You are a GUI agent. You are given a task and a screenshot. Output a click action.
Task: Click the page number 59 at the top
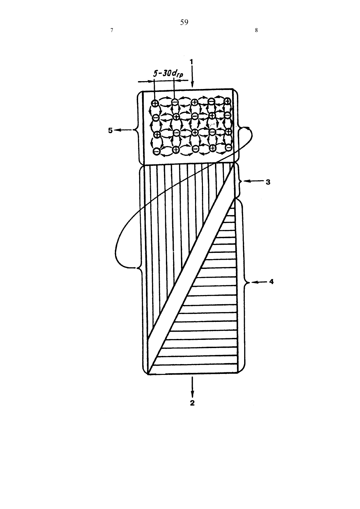click(184, 22)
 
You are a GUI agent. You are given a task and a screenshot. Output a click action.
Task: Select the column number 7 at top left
click(112, 30)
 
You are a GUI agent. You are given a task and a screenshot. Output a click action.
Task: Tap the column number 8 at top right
click(256, 30)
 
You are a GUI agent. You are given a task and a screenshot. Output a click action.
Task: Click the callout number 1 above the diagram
click(191, 61)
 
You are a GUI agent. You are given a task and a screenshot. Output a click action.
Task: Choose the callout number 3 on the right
click(268, 182)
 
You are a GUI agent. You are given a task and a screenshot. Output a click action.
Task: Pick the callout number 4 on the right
click(271, 282)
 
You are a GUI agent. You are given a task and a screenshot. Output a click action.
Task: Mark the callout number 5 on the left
click(111, 131)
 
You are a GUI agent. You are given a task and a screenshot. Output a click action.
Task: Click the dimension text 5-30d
click(168, 74)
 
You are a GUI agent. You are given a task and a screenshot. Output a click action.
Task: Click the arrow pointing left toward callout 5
click(124, 130)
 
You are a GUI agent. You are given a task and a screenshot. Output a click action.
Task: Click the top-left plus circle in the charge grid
click(155, 103)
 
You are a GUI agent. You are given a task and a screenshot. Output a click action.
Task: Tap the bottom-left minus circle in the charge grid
click(156, 151)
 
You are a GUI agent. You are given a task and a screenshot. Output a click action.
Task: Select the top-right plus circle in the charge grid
click(227, 101)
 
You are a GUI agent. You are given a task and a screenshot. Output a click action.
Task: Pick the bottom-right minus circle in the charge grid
click(229, 148)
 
